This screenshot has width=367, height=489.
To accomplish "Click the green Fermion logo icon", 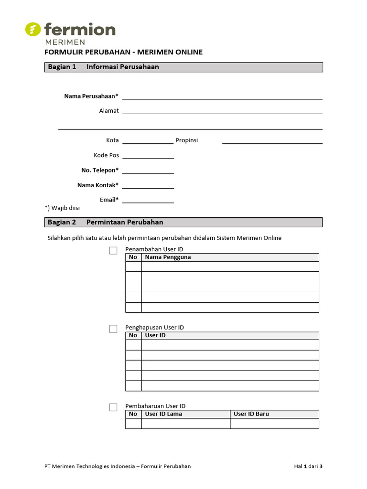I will click(x=33, y=30).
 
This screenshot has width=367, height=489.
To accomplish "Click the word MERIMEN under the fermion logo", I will click(x=65, y=42).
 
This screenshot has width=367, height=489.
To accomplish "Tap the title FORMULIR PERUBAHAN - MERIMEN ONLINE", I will click(x=123, y=52).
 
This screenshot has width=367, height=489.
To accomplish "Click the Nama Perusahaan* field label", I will click(x=91, y=96).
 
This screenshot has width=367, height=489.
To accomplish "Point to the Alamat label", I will click(x=109, y=111).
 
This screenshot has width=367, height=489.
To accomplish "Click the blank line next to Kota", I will click(x=148, y=142).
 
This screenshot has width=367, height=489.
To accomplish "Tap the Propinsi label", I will click(x=187, y=140).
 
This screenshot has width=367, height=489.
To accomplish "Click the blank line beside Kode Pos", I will click(x=148, y=157).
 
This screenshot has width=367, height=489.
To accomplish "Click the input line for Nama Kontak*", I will click(x=148, y=186).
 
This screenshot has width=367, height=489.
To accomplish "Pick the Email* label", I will click(x=109, y=200).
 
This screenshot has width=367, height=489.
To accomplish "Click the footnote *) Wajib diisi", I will click(x=62, y=208).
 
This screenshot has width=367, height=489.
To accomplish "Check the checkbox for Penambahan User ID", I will click(x=113, y=250).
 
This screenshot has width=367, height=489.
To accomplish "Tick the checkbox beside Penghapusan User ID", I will click(x=113, y=329).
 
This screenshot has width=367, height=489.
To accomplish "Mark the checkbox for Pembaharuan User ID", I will click(x=113, y=407).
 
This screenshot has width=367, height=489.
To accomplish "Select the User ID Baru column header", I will click(x=251, y=414).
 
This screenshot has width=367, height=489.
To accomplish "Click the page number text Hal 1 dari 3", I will click(x=308, y=467).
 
